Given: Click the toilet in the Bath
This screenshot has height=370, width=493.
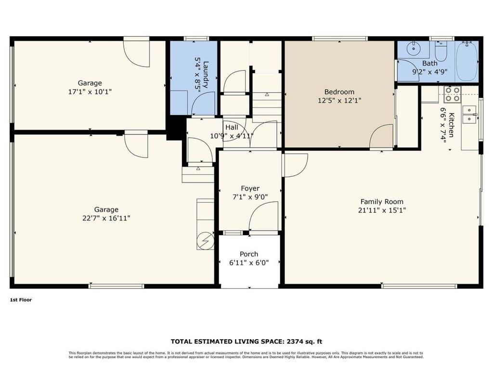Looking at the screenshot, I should click(x=441, y=51).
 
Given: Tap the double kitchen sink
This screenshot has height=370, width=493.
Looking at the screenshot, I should click(x=468, y=115).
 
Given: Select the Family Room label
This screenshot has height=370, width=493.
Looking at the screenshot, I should click(x=382, y=202).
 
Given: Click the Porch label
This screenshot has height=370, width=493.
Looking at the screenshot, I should click(x=249, y=254).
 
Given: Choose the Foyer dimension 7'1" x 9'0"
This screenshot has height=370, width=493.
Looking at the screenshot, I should click(x=250, y=197).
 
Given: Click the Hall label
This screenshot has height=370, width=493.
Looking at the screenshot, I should click(x=232, y=127).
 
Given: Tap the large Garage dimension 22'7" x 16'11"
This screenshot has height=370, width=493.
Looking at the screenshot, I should click(x=106, y=218).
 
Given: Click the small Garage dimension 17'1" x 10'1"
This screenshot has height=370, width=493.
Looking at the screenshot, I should click(x=90, y=91).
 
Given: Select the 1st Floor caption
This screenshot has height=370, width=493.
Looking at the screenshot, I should click(x=21, y=299).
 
